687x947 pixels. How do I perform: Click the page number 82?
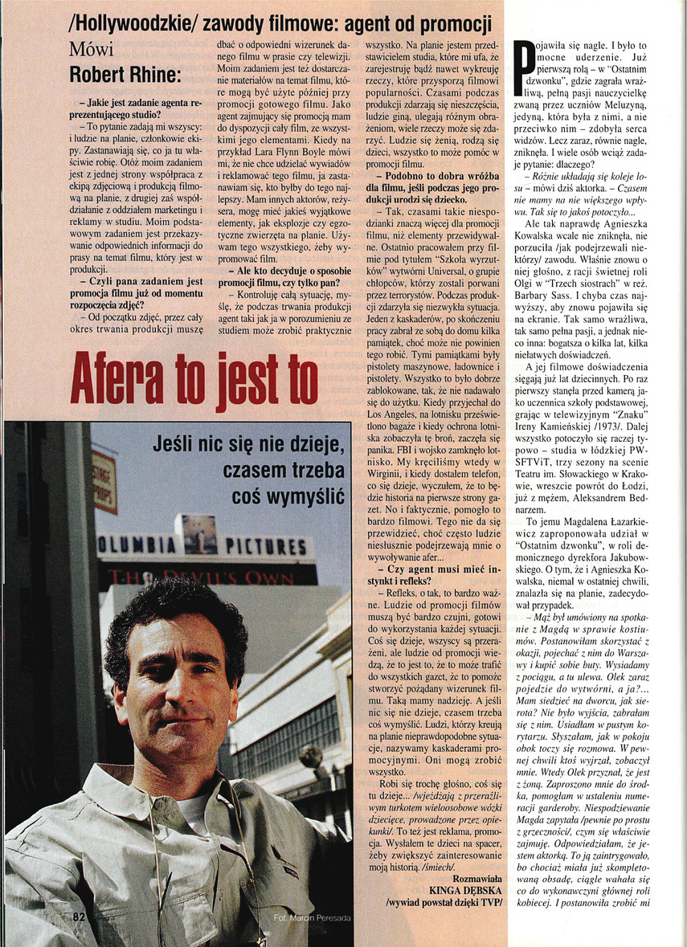(x=80, y=916)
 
